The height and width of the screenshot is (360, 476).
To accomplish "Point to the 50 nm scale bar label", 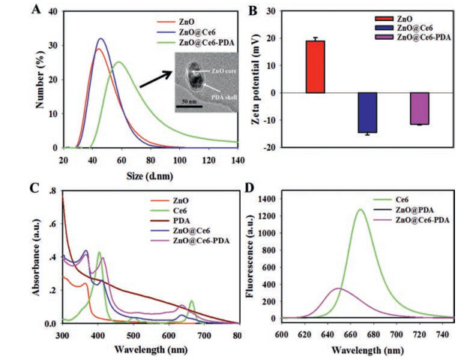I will coord(187,100).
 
